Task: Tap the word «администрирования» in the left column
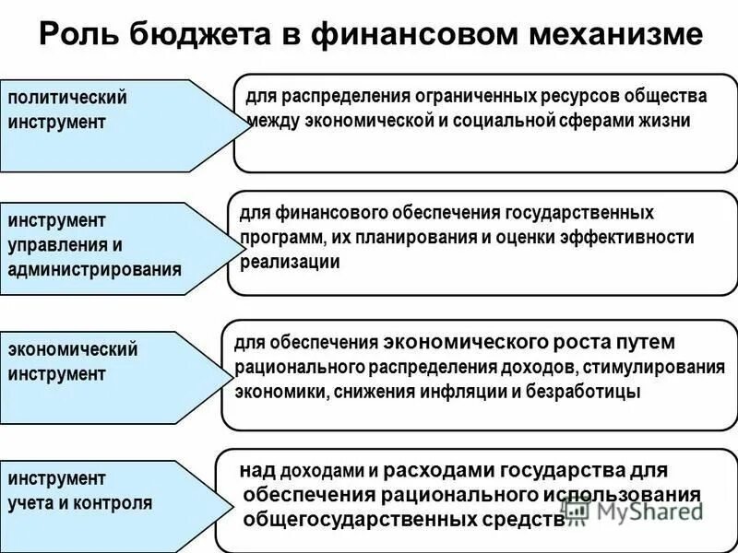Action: tap(95, 270)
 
